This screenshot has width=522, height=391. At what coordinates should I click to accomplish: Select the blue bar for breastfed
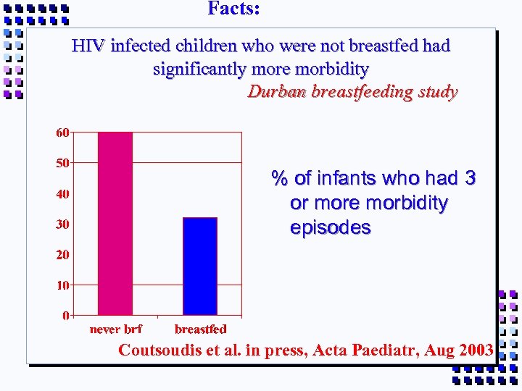(x=200, y=266)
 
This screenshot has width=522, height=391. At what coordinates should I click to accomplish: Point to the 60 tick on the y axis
(x=63, y=133)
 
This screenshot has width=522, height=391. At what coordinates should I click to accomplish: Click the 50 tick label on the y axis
(x=63, y=163)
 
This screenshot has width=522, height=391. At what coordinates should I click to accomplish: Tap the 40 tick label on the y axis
(x=63, y=194)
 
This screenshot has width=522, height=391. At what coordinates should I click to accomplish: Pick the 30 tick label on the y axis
(x=63, y=224)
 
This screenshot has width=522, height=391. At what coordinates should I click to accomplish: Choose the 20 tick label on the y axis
(x=63, y=255)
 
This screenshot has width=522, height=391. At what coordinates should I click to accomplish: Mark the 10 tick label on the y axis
(x=63, y=285)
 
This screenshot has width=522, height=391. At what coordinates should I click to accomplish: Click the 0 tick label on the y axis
(x=66, y=316)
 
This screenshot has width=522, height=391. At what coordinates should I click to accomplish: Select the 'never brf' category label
(x=115, y=329)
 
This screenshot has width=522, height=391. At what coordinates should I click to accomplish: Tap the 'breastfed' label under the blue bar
(x=201, y=329)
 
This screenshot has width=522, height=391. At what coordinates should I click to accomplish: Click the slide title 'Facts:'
(x=233, y=9)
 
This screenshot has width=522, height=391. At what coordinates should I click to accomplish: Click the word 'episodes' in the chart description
(x=330, y=227)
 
